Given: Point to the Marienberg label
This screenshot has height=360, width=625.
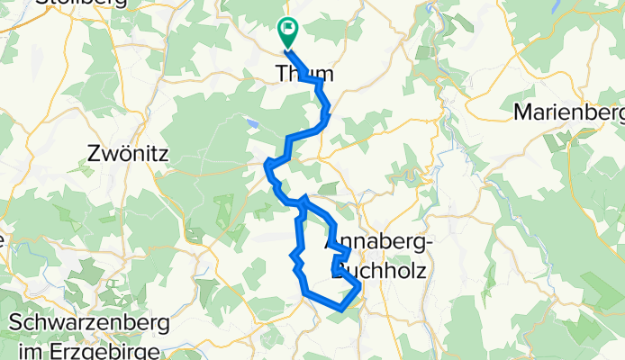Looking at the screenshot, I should [x=568, y=113].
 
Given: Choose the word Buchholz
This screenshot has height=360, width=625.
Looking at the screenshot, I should [x=384, y=269].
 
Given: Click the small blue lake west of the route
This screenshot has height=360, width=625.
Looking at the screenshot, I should [x=253, y=123].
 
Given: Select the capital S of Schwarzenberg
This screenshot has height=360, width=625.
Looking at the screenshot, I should [x=15, y=322].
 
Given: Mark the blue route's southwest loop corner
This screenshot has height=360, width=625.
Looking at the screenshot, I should [x=304, y=291].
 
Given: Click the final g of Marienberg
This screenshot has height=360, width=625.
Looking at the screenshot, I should [x=617, y=115].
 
